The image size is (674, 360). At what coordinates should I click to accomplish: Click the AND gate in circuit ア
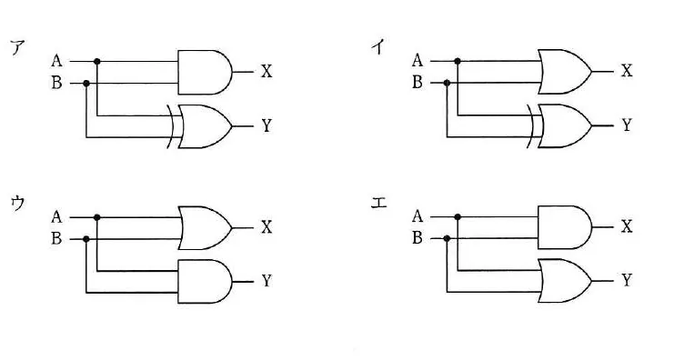pos(205,72)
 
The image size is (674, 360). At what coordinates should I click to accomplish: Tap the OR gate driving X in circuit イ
pos(565,72)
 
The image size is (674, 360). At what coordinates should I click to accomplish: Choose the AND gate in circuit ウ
pos(205,282)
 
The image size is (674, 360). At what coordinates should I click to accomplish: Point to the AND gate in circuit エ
pos(565,227)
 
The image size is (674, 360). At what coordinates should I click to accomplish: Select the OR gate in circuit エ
pos(565,281)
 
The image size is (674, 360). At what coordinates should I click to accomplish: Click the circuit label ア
pos(18,47)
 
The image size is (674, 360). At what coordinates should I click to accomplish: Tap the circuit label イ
pos(378,46)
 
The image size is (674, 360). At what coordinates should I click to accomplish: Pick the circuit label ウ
pos(18,204)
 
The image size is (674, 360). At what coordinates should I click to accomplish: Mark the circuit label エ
pos(378,203)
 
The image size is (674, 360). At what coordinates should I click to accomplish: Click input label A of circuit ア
pos(56,61)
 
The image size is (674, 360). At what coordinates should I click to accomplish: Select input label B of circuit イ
pos(417,82)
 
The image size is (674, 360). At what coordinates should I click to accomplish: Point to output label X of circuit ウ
pos(267,227)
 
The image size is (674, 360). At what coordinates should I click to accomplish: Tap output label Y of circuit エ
pos(627,281)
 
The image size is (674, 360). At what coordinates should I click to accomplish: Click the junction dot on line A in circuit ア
pos(97,62)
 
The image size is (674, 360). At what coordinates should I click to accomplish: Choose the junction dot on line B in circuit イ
pos(447,83)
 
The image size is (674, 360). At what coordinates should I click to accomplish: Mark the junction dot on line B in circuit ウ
pos(86,239)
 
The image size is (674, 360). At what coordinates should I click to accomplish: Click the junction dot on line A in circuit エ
pos(458,217)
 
